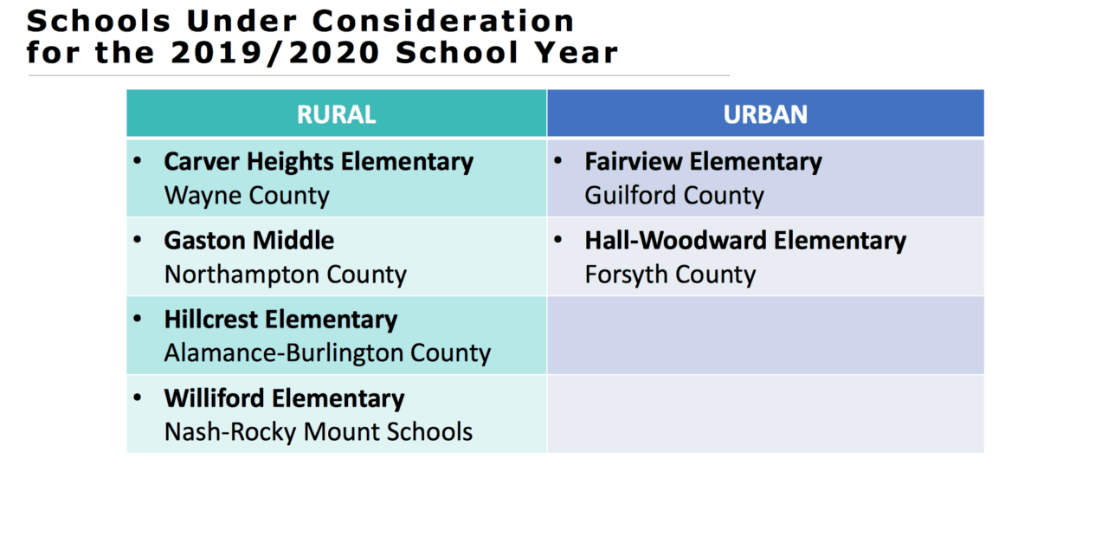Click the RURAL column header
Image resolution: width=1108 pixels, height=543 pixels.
tap(336, 114)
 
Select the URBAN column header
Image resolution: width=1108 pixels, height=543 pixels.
tap(765, 114)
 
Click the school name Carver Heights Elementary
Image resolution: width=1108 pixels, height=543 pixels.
tap(319, 162)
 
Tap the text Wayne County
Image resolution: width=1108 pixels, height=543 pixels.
tap(247, 196)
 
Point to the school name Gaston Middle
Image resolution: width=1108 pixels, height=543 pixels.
tap(249, 240)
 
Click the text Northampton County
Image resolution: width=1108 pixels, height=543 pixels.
tap(285, 275)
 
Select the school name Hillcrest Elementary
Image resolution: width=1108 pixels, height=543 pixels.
tap(280, 320)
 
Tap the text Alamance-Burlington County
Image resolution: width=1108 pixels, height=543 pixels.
tap(327, 353)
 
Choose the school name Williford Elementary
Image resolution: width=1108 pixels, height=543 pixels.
tap(284, 398)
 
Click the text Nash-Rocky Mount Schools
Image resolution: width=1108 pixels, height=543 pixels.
tap(319, 431)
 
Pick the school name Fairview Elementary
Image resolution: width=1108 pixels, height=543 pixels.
tap(703, 162)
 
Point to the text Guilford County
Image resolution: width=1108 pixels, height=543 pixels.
tap(674, 196)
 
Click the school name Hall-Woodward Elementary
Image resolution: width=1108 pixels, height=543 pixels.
tap(745, 240)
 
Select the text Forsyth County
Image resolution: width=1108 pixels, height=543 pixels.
tap(670, 275)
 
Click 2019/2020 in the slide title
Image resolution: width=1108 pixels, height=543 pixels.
tap(275, 53)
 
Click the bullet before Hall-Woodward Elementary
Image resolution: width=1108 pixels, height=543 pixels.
tap(559, 239)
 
